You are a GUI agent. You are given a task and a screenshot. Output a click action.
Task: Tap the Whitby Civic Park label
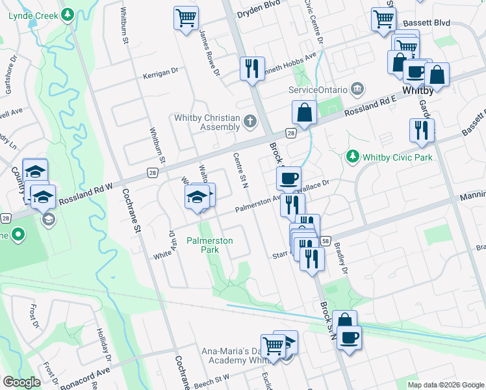[x=398, y=157]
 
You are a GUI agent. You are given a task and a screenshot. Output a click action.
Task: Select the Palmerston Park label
[x=209, y=244]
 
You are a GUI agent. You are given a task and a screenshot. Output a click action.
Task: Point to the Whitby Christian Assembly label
[x=207, y=122]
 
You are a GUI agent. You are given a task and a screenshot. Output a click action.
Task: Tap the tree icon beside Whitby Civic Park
[x=353, y=156]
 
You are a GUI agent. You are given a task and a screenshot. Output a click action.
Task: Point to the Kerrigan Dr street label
[x=160, y=73]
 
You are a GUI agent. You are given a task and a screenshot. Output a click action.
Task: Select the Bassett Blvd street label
[x=426, y=23]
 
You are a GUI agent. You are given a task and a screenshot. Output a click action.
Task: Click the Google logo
[x=22, y=382]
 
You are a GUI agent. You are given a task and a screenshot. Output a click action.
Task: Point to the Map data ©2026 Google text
[x=445, y=385]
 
